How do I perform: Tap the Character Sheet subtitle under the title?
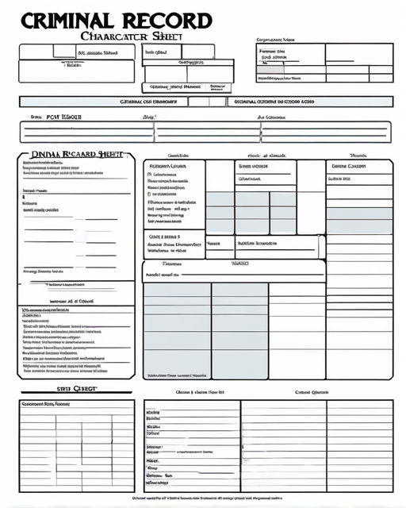point(132,36)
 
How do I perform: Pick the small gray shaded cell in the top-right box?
point(270,69)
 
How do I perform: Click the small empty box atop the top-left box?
point(64,51)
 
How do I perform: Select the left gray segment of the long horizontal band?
point(103,102)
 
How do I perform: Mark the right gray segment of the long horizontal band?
point(309,102)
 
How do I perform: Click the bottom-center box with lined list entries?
point(191,444)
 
